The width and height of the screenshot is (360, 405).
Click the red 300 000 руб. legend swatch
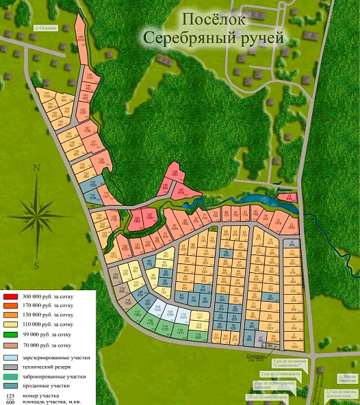pyautogui.click(x=10, y=295)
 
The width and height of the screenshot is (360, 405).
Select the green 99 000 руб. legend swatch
pyautogui.click(x=10, y=334)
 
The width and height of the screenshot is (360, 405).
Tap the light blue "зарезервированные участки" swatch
pyautogui.click(x=10, y=358)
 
